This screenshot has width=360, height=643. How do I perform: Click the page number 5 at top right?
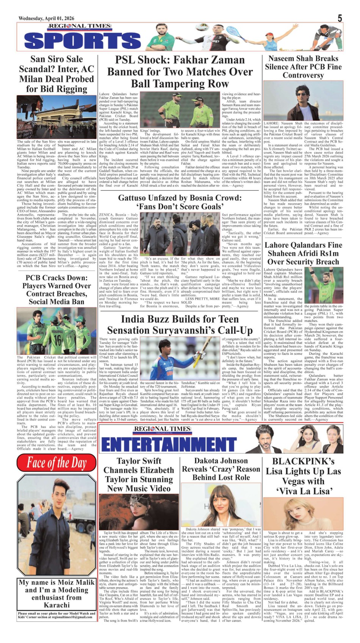[340, 18]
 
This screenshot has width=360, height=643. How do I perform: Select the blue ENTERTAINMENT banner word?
[169, 444]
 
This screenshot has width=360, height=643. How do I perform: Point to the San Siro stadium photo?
[56, 117]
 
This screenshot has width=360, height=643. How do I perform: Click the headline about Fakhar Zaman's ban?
[180, 72]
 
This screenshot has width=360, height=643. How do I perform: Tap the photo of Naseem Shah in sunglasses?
[303, 100]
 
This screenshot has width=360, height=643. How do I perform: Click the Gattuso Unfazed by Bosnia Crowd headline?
[180, 202]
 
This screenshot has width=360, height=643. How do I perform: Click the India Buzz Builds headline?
[180, 324]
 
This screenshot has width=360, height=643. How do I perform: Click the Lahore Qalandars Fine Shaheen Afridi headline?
[303, 253]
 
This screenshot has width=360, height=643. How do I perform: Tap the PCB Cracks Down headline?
[56, 290]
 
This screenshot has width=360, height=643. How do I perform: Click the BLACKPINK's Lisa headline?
[303, 476]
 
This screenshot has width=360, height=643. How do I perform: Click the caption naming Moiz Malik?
[56, 594]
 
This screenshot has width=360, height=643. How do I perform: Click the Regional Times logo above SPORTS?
[79, 27]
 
